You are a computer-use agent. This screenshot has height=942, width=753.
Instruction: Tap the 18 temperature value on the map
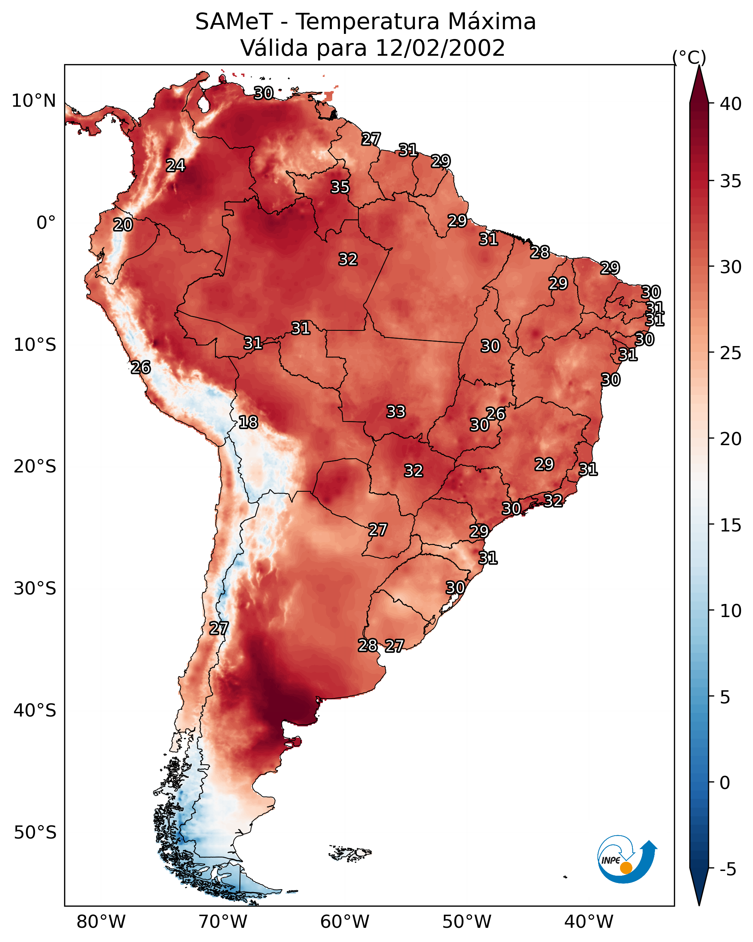click(x=248, y=422)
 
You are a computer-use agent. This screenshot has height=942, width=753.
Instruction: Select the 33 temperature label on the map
click(x=396, y=411)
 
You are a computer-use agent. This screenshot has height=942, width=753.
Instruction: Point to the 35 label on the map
click(x=340, y=187)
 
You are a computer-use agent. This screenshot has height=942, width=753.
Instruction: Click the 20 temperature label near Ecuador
click(x=123, y=225)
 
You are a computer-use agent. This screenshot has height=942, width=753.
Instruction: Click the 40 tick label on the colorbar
click(x=731, y=104)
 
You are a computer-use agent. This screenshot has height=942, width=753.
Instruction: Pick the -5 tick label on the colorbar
click(x=728, y=870)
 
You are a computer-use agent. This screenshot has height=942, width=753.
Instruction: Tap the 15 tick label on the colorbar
click(x=731, y=525)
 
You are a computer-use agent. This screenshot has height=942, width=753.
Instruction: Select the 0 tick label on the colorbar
click(x=725, y=783)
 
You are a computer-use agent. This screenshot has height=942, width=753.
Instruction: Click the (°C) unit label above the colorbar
click(x=689, y=57)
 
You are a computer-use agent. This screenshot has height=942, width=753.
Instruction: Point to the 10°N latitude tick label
click(x=34, y=101)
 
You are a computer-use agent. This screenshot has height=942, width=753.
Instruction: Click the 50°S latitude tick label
click(x=35, y=833)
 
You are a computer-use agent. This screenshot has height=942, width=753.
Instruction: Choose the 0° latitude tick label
click(x=46, y=223)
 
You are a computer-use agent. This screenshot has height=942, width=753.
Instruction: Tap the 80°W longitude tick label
click(x=101, y=922)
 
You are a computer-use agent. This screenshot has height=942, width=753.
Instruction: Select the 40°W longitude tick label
click(x=589, y=922)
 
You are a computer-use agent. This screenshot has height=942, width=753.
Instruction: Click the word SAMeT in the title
click(x=234, y=22)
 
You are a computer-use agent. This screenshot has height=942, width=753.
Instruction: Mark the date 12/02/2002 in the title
click(x=440, y=48)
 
